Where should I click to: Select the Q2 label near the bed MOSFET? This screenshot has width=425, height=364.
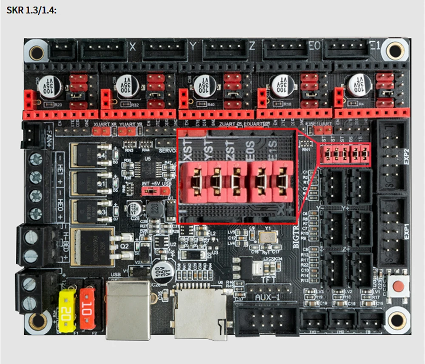[125, 246]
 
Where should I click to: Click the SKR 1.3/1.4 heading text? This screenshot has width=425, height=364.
[31, 9]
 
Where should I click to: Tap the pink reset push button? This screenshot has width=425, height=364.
[398, 286]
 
